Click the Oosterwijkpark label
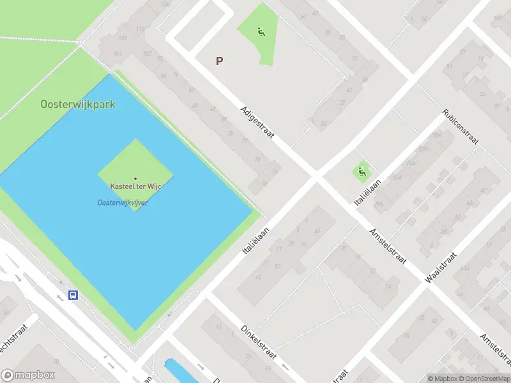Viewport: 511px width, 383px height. pyautogui.click(x=78, y=104)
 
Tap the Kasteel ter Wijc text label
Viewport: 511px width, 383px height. pyautogui.click(x=135, y=186)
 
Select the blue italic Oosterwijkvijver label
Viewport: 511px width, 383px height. pyautogui.click(x=123, y=203)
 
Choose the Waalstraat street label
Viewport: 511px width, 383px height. pyautogui.click(x=441, y=267)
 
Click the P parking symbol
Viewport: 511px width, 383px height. pyautogui.click(x=219, y=61)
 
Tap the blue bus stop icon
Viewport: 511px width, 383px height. pyautogui.click(x=73, y=295)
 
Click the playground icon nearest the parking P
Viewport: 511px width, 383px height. pyautogui.click(x=261, y=31)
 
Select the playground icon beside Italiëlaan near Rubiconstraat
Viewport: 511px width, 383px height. pyautogui.click(x=362, y=170)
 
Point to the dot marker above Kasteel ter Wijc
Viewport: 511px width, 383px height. pyautogui.click(x=135, y=178)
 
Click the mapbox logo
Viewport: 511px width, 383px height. pyautogui.click(x=28, y=375)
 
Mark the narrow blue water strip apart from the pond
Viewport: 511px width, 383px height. pyautogui.click(x=176, y=370)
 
